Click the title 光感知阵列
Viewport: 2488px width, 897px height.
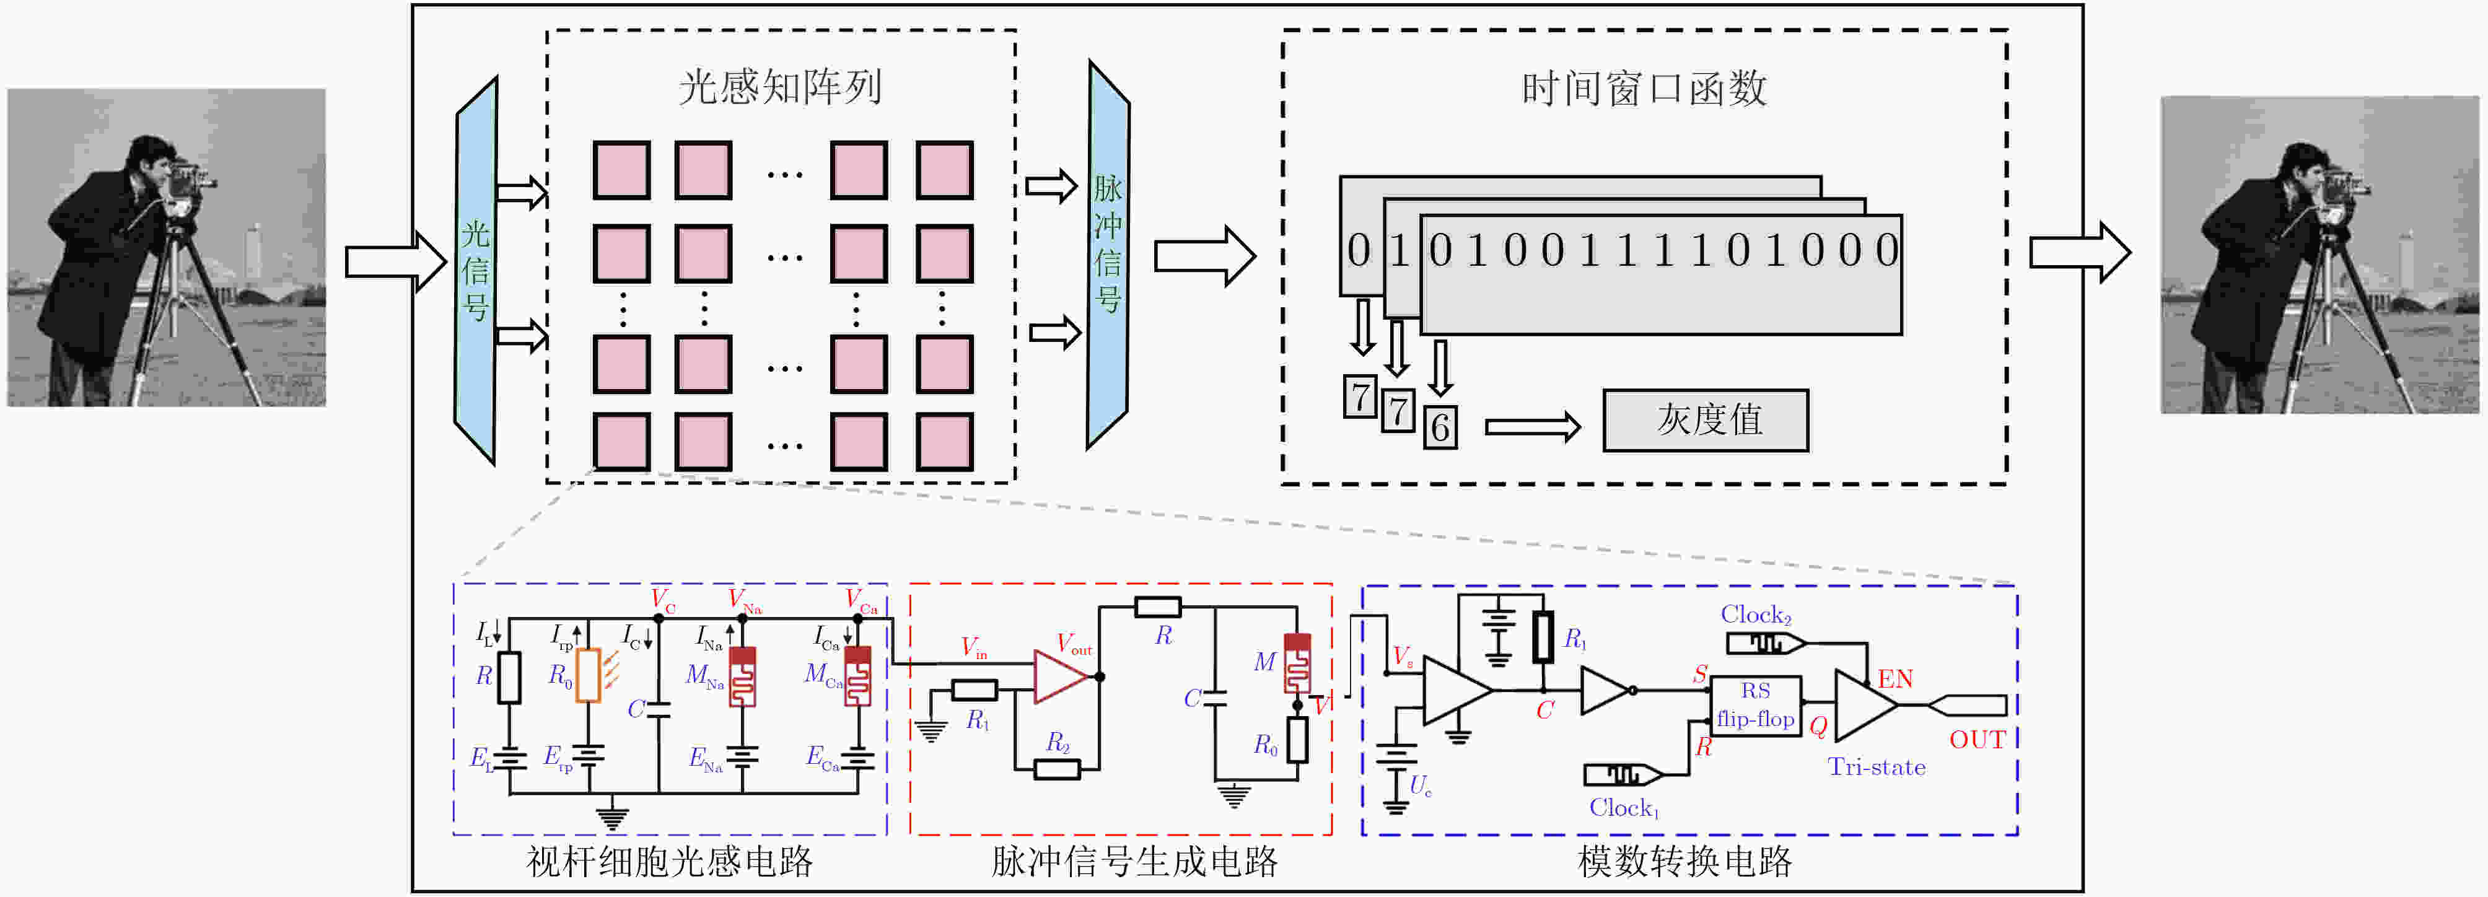coord(779,87)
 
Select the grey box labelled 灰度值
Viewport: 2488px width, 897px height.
coord(1706,420)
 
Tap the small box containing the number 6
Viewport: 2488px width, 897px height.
coord(1440,427)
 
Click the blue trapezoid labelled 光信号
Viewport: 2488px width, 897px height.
coord(475,269)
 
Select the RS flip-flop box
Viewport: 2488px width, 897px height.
coord(1755,706)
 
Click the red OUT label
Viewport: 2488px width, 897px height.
coord(1977,740)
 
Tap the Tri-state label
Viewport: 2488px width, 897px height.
coord(1876,768)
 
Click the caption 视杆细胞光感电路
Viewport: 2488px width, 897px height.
coord(669,861)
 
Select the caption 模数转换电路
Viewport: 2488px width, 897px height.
coord(1684,861)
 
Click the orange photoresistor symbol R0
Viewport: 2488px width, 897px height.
coord(588,676)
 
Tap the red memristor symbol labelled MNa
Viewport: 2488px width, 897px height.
coord(742,676)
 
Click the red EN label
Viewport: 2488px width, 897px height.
coord(1895,679)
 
